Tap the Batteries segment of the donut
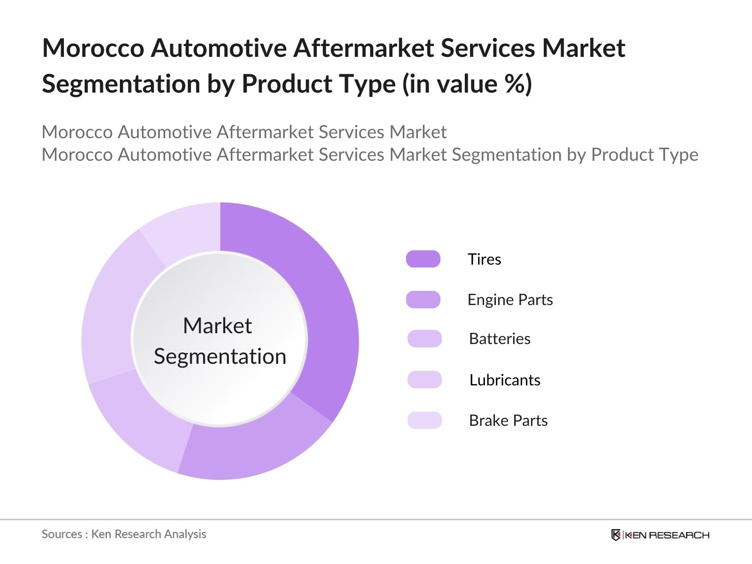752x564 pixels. [141, 423]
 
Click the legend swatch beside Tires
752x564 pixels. [423, 259]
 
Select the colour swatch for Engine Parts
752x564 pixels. [423, 299]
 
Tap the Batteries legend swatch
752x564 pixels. [424, 339]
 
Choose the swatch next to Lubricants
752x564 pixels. [424, 380]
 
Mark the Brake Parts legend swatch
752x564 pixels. [424, 420]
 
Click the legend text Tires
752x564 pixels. [484, 259]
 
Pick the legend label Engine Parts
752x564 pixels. [510, 299]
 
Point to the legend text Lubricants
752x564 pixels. [505, 380]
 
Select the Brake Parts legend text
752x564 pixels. [508, 420]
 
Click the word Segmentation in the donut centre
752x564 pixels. [220, 356]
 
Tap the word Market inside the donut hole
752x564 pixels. [217, 326]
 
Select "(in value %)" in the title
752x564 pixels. [467, 84]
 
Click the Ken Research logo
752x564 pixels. [660, 535]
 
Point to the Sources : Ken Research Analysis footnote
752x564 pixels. [124, 534]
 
